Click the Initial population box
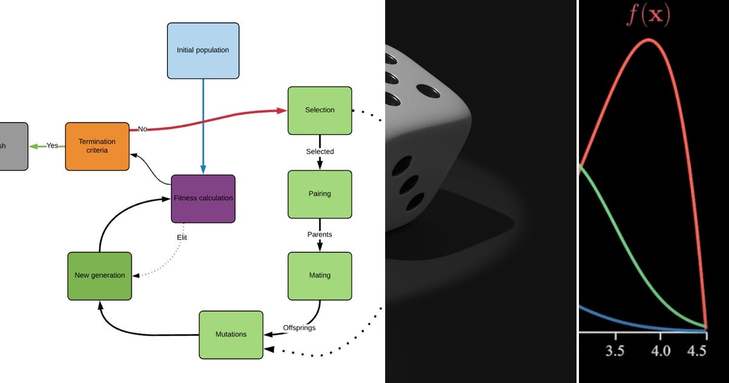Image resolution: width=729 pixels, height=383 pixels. (203, 50)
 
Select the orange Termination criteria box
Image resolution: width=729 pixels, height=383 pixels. (97, 146)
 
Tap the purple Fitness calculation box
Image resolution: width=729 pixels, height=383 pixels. (203, 198)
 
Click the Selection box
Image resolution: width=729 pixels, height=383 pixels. (320, 110)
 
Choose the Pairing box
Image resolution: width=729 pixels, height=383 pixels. (320, 194)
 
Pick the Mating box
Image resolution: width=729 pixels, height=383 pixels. (320, 275)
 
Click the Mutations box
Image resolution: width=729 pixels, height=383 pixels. (231, 334)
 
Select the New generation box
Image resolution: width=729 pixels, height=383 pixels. (100, 275)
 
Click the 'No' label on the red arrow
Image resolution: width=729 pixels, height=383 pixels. (143, 129)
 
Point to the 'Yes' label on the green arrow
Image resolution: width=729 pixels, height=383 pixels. (52, 146)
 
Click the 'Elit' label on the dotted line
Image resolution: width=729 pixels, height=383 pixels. (181, 238)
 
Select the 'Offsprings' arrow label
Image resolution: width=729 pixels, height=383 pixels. (299, 328)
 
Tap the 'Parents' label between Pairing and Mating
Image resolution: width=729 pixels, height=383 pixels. (320, 234)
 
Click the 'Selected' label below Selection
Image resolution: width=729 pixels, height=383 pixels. (320, 151)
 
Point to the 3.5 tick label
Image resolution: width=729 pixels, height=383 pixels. (615, 352)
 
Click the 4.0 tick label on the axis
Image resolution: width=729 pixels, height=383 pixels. (660, 352)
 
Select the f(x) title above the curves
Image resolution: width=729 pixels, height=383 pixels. (648, 16)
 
